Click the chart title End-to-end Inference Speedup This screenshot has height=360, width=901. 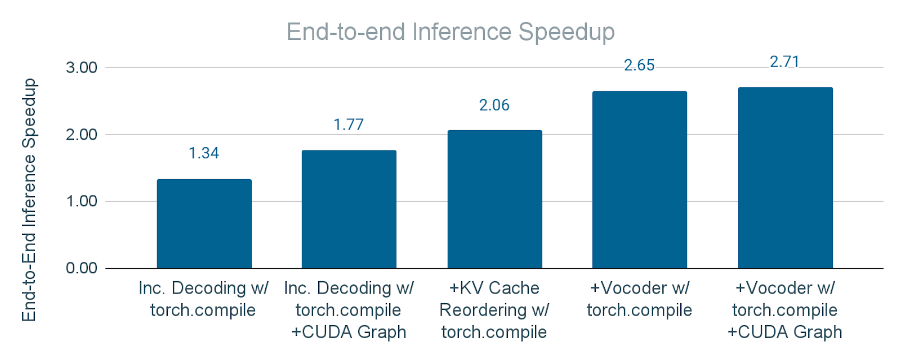click(x=450, y=32)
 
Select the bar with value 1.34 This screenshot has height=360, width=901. click(x=204, y=224)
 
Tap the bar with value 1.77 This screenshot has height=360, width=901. click(x=349, y=209)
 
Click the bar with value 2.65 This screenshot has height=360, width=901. click(x=640, y=180)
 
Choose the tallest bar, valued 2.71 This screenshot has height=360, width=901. click(x=785, y=177)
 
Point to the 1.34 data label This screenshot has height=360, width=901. click(x=204, y=153)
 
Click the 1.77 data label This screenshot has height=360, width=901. click(x=349, y=125)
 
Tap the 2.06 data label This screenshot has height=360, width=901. click(x=494, y=105)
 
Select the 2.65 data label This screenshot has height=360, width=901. click(x=639, y=65)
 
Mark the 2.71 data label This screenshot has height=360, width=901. click(x=784, y=61)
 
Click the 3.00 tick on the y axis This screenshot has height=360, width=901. click(x=82, y=68)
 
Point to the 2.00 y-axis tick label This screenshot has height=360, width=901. click(x=82, y=135)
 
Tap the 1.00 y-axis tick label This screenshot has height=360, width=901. click(x=82, y=201)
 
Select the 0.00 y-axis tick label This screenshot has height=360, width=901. click(x=82, y=268)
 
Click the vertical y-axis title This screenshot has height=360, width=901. click(x=29, y=200)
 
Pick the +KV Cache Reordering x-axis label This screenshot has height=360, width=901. click(x=494, y=310)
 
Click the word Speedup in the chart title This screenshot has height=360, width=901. click(x=567, y=32)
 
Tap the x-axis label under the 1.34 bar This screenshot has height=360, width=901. click(x=203, y=299)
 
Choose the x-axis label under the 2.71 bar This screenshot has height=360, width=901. click(x=785, y=310)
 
